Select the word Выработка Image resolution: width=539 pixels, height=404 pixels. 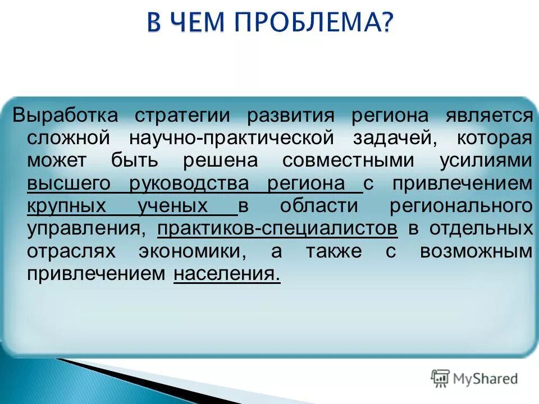point(66,116)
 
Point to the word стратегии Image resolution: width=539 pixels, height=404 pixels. point(182,116)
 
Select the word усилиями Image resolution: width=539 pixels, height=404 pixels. point(486,161)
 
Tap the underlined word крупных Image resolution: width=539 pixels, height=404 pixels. point(66,206)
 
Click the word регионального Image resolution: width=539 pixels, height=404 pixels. point(460,206)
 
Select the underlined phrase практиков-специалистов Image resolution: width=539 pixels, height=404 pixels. point(277,228)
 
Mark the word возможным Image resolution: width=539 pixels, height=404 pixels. point(476,251)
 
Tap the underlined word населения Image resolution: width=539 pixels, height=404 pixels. point(226,274)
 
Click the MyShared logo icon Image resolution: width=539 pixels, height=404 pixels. point(441,378)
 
